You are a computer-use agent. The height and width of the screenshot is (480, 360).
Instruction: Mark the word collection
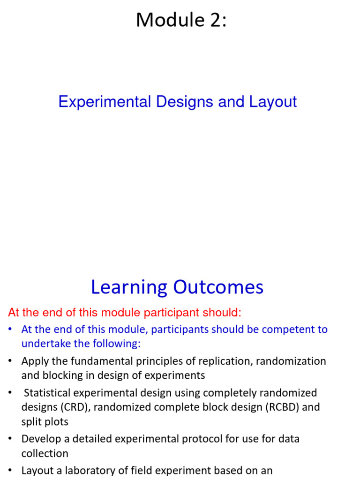pos(45,454)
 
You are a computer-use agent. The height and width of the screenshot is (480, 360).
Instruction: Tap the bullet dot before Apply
pos(10,361)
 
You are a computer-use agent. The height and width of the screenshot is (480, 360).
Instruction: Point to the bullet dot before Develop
pos(10,439)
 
